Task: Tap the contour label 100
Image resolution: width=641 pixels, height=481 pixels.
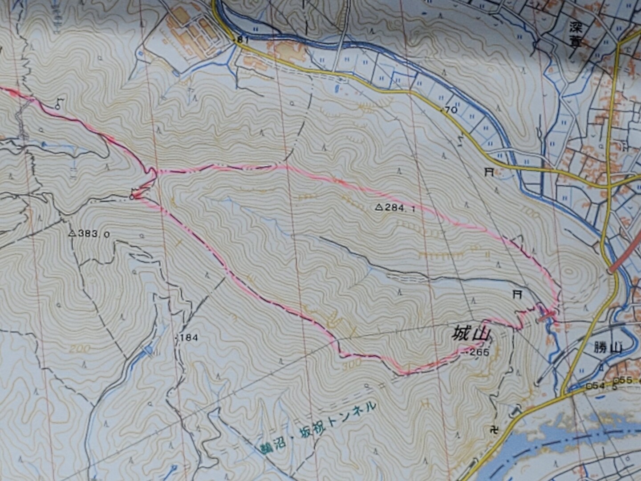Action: coord(535,215)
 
